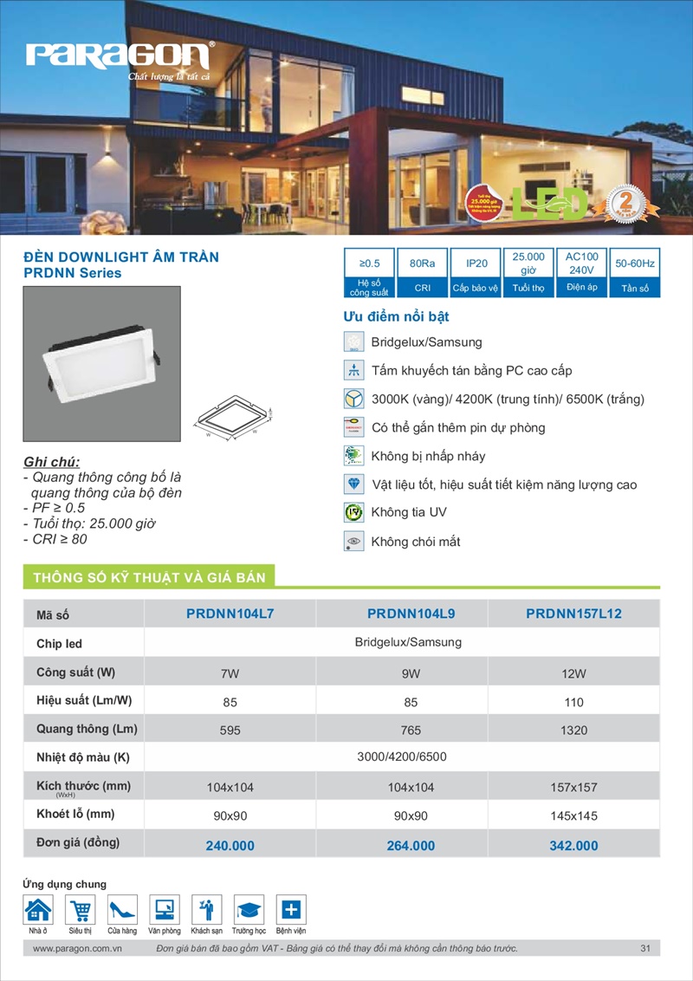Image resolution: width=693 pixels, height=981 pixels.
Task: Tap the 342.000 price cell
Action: coord(573,845)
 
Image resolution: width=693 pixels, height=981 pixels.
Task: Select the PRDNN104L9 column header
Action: coord(411,614)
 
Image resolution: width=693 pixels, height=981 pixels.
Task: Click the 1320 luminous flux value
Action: coord(573,731)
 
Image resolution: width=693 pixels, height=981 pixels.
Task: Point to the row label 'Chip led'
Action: coord(60,644)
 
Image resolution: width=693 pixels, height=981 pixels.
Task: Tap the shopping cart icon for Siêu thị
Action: coord(81,910)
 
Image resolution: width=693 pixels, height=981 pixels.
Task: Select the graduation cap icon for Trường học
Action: coord(249,910)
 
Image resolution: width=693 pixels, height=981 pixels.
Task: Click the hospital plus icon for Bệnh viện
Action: coord(291,910)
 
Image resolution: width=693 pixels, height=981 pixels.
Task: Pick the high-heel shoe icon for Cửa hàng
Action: coord(122,910)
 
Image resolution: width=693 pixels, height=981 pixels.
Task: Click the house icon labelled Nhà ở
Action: coord(38,910)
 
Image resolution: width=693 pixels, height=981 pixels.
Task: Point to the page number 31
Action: coord(645,949)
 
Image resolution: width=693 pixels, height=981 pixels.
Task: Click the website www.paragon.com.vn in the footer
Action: coord(76,949)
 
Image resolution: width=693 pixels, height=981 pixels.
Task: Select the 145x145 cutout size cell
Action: coord(573,815)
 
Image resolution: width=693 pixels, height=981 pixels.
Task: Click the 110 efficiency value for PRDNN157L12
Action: coord(573,701)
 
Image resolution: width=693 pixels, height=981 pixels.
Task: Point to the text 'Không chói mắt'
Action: coord(416,542)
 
